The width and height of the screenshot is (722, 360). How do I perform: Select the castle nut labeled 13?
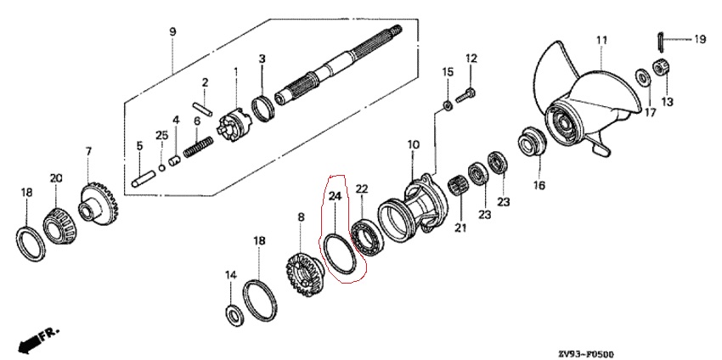coord(660,69)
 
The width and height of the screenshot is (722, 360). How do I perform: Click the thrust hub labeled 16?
coord(532,143)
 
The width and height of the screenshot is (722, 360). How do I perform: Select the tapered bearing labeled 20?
coord(59,222)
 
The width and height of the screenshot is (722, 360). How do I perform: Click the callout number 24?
coord(335,195)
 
